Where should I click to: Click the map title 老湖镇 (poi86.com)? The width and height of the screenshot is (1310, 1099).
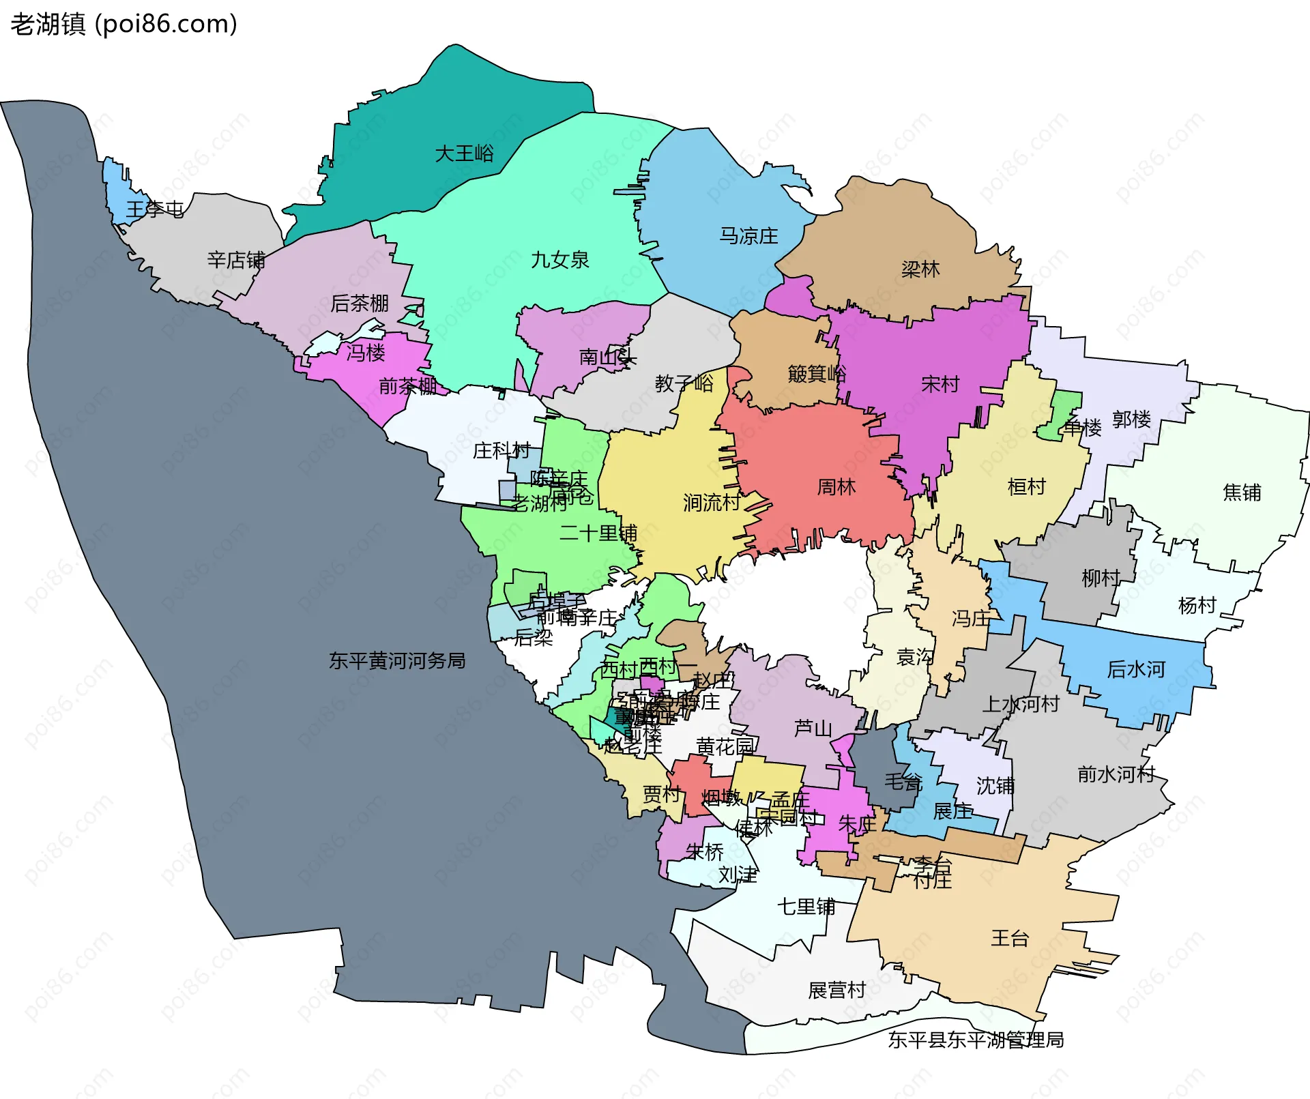click(124, 25)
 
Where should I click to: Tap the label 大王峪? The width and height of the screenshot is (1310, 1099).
click(464, 153)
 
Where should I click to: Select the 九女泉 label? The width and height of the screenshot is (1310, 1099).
click(559, 260)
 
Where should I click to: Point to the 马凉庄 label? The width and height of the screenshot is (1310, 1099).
click(748, 236)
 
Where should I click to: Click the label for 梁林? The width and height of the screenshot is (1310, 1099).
click(920, 269)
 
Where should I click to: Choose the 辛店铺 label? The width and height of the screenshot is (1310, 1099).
click(236, 260)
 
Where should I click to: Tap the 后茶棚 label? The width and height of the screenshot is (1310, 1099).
click(359, 303)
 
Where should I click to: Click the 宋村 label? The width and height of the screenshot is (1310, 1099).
click(940, 385)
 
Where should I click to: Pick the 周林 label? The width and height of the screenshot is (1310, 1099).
click(836, 487)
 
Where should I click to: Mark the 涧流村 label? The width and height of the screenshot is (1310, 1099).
click(712, 503)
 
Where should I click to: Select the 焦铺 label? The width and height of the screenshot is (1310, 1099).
click(1242, 493)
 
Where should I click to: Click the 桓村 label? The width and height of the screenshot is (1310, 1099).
click(1026, 487)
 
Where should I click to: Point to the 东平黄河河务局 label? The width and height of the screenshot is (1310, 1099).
click(397, 660)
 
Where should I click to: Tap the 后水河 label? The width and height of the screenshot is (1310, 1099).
click(1135, 669)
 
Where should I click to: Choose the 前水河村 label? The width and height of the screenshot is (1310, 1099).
click(1116, 774)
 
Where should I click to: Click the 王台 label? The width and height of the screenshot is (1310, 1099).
click(1009, 938)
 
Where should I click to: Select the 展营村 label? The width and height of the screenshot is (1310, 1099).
click(836, 990)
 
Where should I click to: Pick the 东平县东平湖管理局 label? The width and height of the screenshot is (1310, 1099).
click(976, 1040)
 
